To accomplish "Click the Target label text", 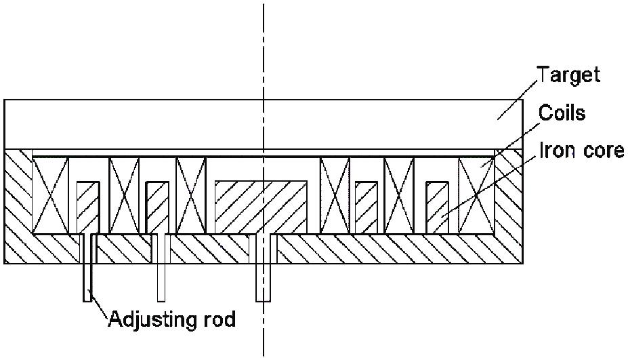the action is [x=568, y=75].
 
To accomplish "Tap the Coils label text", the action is [x=562, y=113].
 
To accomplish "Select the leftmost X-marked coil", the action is [x=50, y=195].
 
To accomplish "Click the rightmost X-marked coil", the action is [x=476, y=195].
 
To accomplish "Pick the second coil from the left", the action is [x=124, y=195].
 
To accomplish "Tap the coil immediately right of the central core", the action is [x=335, y=195].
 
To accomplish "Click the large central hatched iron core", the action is [x=261, y=207].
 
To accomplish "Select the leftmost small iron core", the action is [x=88, y=207].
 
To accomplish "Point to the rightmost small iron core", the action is [x=438, y=207].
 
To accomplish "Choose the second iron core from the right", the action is [x=367, y=207].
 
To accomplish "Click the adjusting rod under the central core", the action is [x=263, y=268].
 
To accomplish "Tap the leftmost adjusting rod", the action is [x=87, y=268].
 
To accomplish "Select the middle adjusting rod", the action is [x=161, y=268].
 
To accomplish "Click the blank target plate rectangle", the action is [x=263, y=124].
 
